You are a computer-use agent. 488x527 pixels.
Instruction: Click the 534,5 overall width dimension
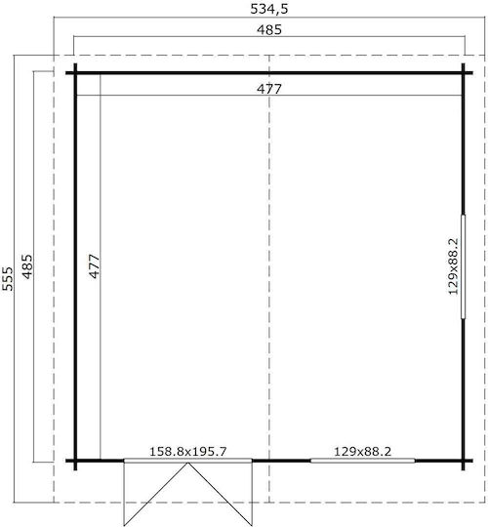(269, 9)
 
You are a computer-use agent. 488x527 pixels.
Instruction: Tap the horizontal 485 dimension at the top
(269, 30)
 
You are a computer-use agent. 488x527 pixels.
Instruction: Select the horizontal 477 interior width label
(269, 89)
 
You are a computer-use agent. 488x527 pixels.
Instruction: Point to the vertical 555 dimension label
(8, 278)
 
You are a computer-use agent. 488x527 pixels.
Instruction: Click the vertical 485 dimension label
(27, 266)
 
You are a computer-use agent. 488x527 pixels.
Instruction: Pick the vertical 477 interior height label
(95, 266)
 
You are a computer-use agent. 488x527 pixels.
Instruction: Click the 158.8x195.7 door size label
(187, 452)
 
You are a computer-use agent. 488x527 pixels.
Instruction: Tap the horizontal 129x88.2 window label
(363, 452)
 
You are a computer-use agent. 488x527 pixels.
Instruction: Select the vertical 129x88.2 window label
(454, 266)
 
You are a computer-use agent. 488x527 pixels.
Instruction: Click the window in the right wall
(463, 266)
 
